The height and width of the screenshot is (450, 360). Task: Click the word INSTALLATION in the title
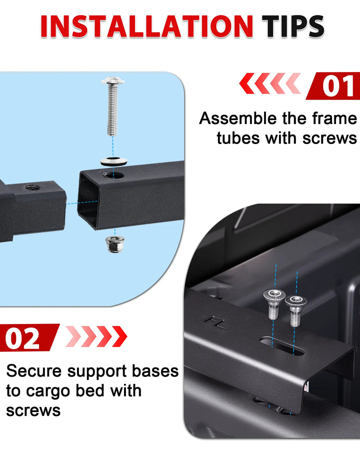point(146,26)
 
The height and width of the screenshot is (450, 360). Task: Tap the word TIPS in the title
point(293,26)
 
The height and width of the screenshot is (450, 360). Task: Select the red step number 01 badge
point(333,86)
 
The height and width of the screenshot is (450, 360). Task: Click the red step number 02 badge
point(27,338)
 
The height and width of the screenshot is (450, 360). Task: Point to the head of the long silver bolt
point(113,81)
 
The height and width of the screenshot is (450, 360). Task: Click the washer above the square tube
point(113,161)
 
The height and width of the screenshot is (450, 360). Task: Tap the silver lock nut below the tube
point(115,243)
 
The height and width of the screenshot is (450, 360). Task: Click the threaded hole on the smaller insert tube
point(32,188)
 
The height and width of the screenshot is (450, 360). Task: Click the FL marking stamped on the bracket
point(214,322)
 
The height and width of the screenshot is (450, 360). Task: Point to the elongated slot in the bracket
point(282,346)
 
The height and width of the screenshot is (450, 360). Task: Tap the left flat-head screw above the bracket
point(274,303)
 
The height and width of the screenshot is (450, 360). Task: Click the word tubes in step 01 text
point(238,138)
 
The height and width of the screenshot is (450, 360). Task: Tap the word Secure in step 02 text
point(34,371)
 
